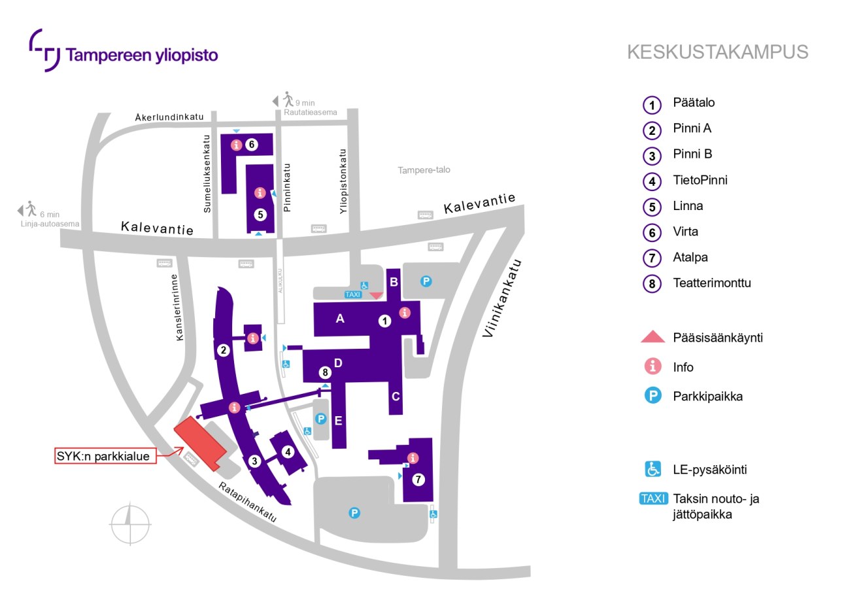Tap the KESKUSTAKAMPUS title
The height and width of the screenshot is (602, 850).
point(717,52)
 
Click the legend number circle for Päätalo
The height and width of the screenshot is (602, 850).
point(652,104)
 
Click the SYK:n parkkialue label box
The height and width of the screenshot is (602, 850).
point(105,455)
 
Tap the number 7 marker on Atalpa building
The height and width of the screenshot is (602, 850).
point(418,479)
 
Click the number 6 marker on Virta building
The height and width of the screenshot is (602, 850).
point(252,145)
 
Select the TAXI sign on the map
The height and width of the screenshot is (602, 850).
point(352,294)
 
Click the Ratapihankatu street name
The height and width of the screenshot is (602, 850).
point(248,502)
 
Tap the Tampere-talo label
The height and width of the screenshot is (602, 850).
point(424,170)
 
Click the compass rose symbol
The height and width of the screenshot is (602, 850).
point(130,524)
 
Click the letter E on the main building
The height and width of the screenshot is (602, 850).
point(338,421)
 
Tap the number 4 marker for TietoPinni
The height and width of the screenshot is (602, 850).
point(288,451)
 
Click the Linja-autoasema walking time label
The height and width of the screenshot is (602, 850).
point(50,219)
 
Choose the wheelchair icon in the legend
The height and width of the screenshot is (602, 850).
point(653,469)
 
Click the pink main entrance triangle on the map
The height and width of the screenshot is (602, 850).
point(376,295)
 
